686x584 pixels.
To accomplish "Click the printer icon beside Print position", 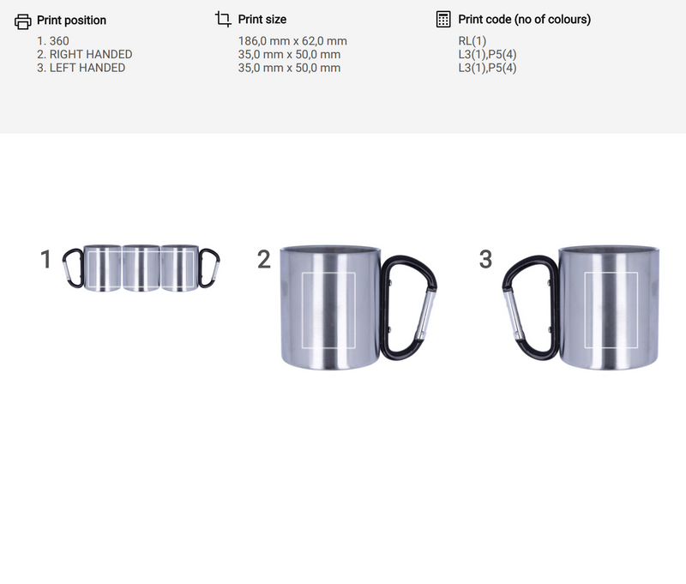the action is [x=23, y=21].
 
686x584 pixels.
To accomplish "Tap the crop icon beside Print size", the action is [x=223, y=19].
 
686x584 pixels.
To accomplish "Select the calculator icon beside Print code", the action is [x=443, y=19].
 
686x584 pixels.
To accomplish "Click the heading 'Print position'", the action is [x=71, y=20].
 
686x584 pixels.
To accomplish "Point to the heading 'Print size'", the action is [x=262, y=19].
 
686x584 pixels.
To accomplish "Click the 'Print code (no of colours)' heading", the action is [x=524, y=19].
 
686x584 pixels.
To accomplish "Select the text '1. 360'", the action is [x=53, y=41].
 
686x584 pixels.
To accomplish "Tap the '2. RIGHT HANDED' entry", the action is [x=84, y=54].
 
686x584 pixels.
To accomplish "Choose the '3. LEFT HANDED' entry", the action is [x=81, y=68].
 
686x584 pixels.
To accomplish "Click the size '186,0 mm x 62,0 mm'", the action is [x=292, y=41].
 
